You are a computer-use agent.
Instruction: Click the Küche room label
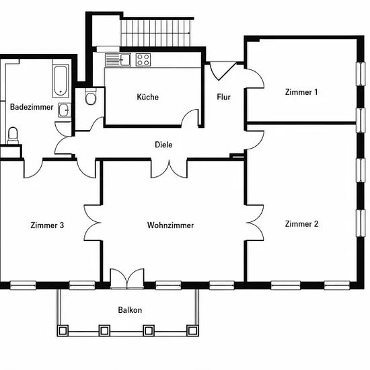(x=148, y=97)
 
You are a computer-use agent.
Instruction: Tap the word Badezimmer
(x=32, y=107)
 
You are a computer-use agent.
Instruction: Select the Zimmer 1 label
(x=301, y=92)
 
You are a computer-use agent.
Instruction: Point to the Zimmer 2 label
(x=301, y=224)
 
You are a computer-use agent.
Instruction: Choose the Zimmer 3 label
(x=47, y=225)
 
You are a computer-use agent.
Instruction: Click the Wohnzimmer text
(x=170, y=225)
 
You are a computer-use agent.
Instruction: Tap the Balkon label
(x=130, y=310)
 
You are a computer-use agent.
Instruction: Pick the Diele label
(x=163, y=145)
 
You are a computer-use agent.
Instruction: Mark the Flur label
(x=224, y=97)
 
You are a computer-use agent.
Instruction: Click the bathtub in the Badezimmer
(x=61, y=81)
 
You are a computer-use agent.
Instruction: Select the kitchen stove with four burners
(x=143, y=60)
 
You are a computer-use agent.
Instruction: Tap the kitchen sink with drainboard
(x=118, y=60)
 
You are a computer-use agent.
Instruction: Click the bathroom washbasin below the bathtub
(x=65, y=110)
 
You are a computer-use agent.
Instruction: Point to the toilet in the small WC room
(x=90, y=97)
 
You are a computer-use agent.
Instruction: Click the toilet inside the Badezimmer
(x=13, y=136)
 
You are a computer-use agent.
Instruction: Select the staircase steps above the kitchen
(x=155, y=33)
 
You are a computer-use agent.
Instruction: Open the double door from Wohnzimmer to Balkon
(x=127, y=279)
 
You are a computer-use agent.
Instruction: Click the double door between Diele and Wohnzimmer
(x=169, y=169)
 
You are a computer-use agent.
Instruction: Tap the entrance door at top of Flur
(x=223, y=71)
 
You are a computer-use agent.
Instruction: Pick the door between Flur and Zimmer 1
(x=255, y=78)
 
